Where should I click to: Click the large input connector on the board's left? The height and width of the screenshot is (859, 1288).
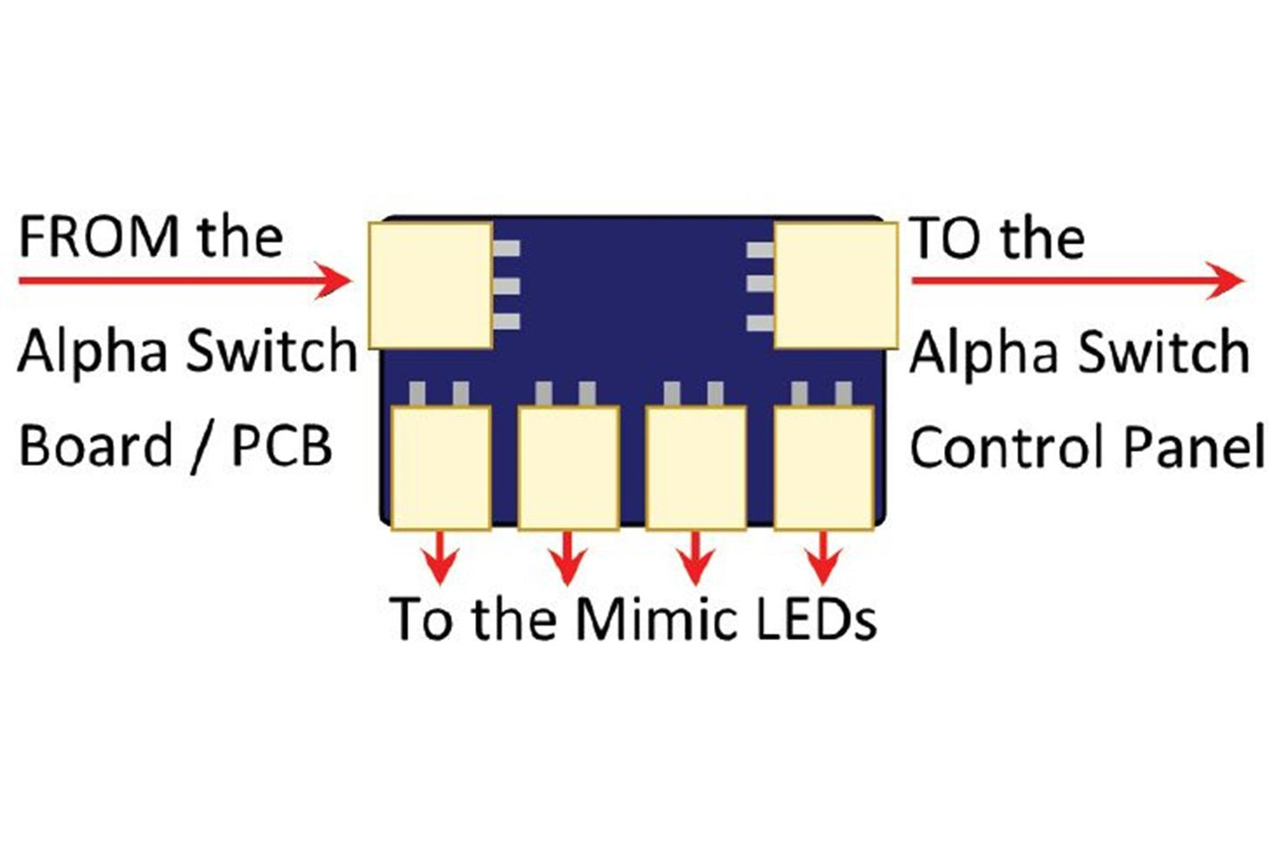[431, 284]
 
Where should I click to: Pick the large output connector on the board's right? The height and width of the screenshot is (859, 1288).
[835, 284]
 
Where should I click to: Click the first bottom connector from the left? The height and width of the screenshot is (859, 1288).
[440, 468]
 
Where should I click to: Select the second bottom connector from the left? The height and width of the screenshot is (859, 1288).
[568, 468]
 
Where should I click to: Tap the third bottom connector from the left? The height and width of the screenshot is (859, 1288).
[695, 468]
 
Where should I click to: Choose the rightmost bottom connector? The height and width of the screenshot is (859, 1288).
[823, 468]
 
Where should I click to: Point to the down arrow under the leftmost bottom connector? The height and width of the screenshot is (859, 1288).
[440, 559]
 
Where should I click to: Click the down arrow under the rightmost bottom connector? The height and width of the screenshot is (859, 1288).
[823, 559]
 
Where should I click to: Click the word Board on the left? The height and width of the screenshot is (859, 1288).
[96, 446]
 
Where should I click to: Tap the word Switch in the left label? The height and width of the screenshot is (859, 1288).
[272, 350]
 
